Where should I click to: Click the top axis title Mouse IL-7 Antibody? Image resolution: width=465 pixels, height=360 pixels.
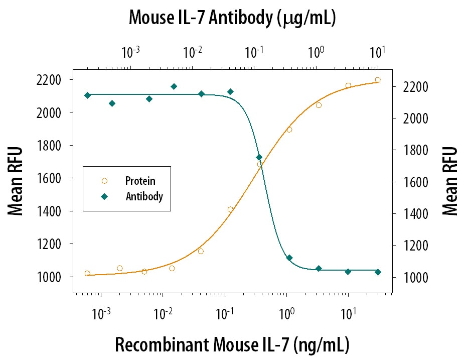pos(232,18)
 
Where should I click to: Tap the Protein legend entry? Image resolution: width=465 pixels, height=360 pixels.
pos(140,181)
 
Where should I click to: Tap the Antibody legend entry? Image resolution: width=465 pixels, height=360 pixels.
pos(144,196)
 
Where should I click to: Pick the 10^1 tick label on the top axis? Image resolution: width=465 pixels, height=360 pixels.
pos(377,52)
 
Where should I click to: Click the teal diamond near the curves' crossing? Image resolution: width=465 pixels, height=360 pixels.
pos(259,157)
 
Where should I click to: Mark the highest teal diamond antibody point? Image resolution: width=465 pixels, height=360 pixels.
pos(174,86)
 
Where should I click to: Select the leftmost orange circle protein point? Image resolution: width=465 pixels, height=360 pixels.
pos(88,274)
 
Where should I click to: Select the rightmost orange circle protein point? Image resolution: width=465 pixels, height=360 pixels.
pos(378,80)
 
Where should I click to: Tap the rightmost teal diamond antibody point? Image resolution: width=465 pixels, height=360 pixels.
pos(378,272)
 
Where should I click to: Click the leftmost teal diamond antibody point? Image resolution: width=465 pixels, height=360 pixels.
pos(88,95)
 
